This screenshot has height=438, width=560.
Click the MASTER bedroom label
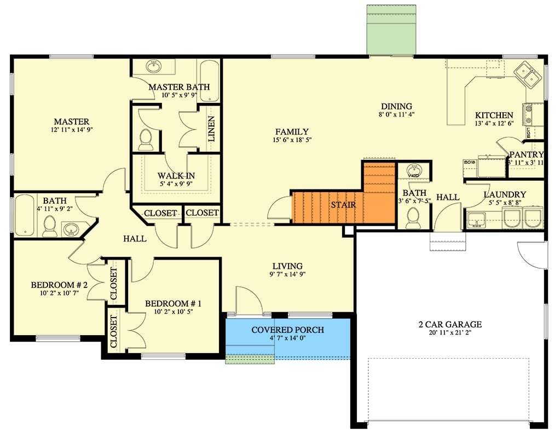click(71, 122)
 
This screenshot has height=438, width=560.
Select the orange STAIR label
click(343, 205)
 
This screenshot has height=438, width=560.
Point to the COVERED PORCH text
click(287, 330)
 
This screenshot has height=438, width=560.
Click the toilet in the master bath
click(146, 140)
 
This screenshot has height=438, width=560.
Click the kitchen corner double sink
click(528, 75)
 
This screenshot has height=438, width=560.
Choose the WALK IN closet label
click(176, 176)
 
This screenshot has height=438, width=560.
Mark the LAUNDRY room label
click(505, 194)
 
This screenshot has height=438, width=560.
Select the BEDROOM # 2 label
click(59, 285)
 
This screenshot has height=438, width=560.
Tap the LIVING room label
click(287, 266)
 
